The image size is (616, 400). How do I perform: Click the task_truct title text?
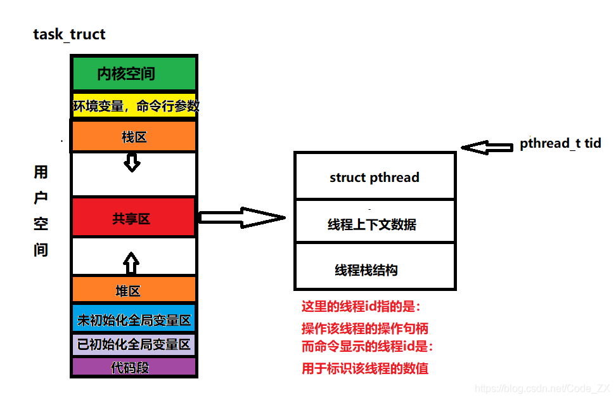[x=69, y=34]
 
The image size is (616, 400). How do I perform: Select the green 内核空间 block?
[x=133, y=74]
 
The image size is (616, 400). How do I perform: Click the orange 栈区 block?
[x=133, y=136]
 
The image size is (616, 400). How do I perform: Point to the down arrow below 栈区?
[x=132, y=163]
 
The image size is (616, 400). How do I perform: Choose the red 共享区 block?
[x=133, y=219]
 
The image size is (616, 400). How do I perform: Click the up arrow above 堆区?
[x=131, y=262]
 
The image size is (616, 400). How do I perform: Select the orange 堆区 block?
[x=133, y=291]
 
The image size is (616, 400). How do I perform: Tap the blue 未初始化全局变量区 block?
[x=133, y=320]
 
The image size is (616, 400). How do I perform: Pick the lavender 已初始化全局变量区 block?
[x=133, y=345]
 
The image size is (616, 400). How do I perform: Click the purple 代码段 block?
[x=133, y=368]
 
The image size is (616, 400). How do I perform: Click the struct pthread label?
[x=374, y=177]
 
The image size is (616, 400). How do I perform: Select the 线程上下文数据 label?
[x=371, y=224]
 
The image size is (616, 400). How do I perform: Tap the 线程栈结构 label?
[x=366, y=270]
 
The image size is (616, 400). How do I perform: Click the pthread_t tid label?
[x=560, y=143]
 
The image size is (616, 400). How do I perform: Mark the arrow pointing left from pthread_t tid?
[x=487, y=147]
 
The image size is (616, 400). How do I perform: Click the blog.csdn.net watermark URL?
[x=542, y=388]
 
